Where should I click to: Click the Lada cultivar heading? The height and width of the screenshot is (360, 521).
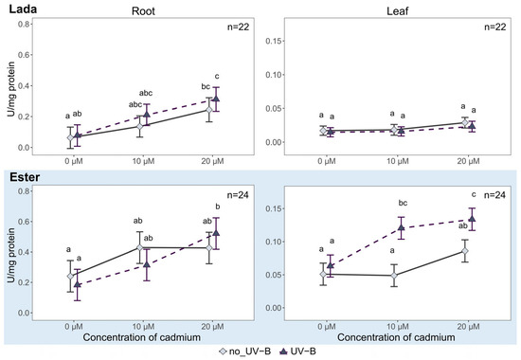pos(23,9)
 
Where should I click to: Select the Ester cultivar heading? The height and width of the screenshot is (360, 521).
pos(25,177)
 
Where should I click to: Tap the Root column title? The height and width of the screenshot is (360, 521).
pos(143,11)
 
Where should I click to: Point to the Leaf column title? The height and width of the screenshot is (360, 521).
pos(398,11)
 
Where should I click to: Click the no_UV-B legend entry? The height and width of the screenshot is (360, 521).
pos(245,351)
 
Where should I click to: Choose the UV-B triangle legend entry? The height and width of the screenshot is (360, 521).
pos(298,351)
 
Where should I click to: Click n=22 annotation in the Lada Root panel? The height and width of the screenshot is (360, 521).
pos(238,27)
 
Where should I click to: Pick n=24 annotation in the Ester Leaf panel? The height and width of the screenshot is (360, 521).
pos(495,195)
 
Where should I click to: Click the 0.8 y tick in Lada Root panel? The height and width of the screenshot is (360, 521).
pos(24,24)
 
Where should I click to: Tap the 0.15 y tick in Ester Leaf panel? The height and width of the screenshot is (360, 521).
pos(273,208)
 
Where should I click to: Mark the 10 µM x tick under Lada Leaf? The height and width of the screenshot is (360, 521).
pos(398,162)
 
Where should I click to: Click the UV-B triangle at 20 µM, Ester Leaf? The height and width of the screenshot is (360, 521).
pos(472,219)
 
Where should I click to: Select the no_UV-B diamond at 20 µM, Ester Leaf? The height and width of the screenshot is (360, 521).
pos(465,251)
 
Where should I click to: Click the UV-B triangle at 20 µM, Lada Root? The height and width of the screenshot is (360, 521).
pos(216,99)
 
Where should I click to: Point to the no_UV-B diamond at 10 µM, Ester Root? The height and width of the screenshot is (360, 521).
pos(140,247)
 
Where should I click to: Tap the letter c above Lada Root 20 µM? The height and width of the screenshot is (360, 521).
pos(217,77)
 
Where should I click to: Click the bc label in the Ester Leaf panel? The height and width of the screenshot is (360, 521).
pos(403,203)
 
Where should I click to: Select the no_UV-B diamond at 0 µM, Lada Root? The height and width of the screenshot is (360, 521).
pos(70,137)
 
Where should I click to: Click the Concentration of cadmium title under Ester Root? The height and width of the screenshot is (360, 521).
pos(142,337)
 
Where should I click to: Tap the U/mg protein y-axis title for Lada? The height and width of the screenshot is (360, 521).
pos(11,89)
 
